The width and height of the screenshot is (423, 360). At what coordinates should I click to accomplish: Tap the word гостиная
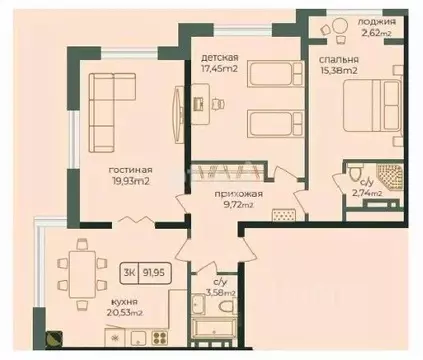(130, 168)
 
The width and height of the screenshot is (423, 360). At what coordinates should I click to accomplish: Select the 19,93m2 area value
(130, 181)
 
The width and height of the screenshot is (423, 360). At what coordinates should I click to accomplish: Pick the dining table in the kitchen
(80, 265)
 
